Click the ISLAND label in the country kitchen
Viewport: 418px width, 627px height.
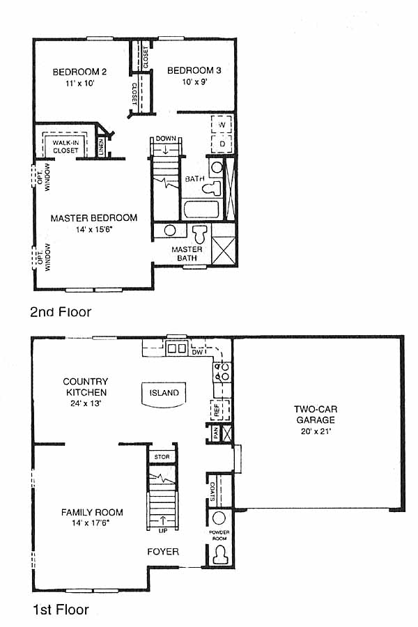coord(164,393)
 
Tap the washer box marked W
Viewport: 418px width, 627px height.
coord(222,125)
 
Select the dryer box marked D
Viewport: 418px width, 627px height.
coord(222,144)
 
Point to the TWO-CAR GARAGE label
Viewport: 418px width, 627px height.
coord(316,415)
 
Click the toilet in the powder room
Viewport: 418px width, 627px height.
coord(219,555)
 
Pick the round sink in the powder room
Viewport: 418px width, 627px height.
coord(219,518)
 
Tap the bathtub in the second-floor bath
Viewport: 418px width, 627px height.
coord(201,209)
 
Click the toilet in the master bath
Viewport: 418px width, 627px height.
coord(200,234)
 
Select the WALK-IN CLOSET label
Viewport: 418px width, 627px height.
coord(65,147)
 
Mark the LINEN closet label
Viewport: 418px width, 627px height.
coord(101,147)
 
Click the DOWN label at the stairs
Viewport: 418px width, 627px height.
coord(166,139)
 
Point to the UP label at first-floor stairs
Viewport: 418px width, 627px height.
coord(163,531)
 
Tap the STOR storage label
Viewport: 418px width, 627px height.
coord(162,456)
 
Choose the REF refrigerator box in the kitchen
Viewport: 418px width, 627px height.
coord(220,410)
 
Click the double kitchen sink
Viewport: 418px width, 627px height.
coord(177,348)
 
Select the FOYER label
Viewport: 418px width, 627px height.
coord(163,552)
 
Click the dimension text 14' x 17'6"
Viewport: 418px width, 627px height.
coord(91,522)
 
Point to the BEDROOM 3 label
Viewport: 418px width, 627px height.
coord(194,71)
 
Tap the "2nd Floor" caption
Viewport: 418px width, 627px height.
coord(61,312)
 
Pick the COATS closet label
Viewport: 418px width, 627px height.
coord(212,491)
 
